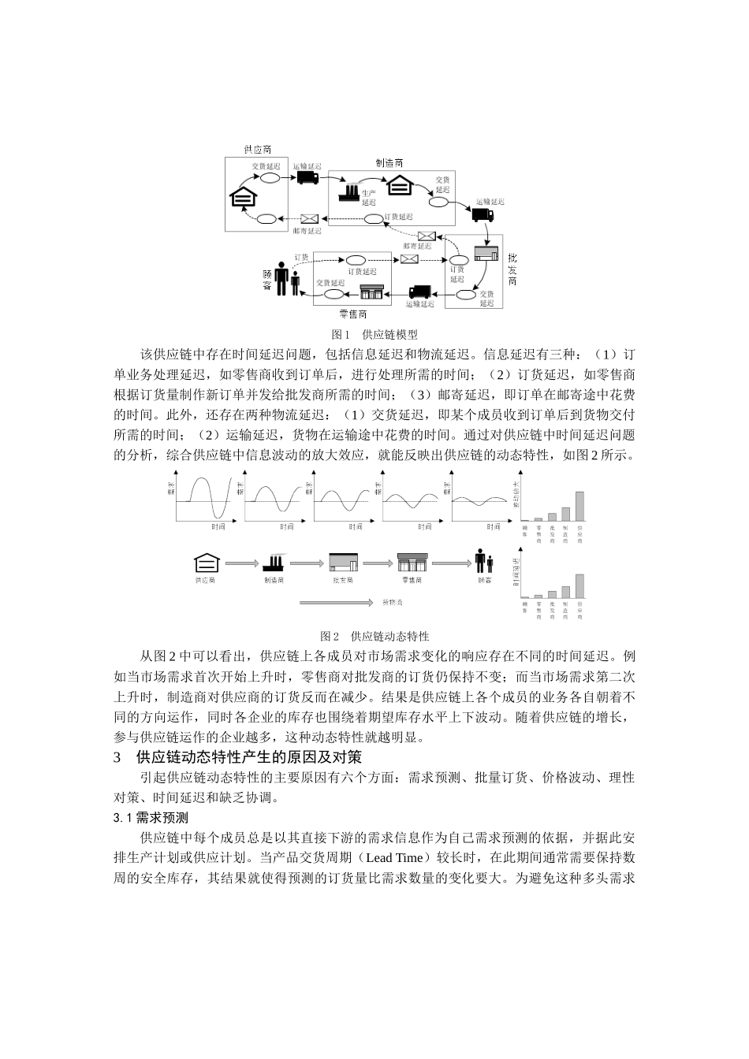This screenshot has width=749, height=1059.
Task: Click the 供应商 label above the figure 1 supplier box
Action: click(x=258, y=149)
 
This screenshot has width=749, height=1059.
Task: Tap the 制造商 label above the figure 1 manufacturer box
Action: click(x=389, y=162)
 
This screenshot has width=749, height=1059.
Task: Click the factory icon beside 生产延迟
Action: click(x=348, y=191)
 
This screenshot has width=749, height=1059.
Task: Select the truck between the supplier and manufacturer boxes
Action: click(x=307, y=178)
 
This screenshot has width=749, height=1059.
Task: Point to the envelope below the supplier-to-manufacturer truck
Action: click(x=308, y=218)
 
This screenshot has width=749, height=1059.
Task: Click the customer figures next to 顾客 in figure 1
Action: click(x=285, y=278)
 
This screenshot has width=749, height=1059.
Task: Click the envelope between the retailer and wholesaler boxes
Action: click(x=409, y=259)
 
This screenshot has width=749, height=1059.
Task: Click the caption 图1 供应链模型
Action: click(x=374, y=334)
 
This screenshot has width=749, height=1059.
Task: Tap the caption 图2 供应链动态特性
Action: click(x=374, y=636)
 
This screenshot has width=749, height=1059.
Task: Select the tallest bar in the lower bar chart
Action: click(x=579, y=587)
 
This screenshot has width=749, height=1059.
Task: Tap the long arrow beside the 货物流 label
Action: click(x=335, y=603)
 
